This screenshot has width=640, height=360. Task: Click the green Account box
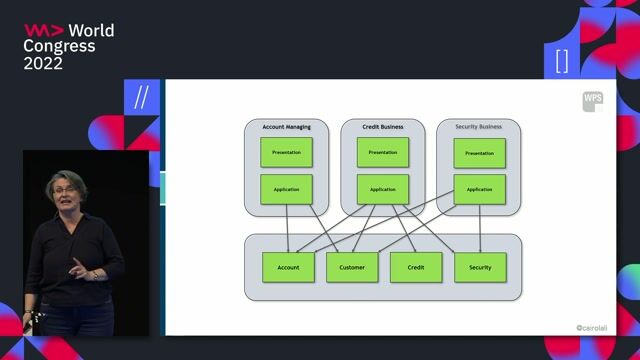coord(288,267)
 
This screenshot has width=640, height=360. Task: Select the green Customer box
coord(352,267)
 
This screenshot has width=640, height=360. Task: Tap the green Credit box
coord(416,267)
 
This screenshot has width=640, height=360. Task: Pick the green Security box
coord(480,267)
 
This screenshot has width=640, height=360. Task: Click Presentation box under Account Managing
coord(287,152)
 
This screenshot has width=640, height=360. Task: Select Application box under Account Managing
coord(287,189)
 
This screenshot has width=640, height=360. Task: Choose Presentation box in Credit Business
coord(383,152)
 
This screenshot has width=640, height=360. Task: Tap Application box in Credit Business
coord(383,189)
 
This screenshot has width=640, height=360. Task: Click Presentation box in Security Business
coord(479,153)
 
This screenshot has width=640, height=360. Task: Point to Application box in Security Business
coord(479,189)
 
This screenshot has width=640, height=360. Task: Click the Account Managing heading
coord(287,127)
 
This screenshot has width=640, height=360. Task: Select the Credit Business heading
coord(383,127)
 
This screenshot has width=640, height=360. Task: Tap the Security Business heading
coord(479,127)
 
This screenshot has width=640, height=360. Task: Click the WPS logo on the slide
coord(593,100)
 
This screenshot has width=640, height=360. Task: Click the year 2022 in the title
coord(43,63)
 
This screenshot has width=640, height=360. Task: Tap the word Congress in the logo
coord(59,46)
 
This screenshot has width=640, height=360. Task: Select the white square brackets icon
coord(561,60)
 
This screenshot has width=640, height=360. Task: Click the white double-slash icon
coord(141,97)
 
